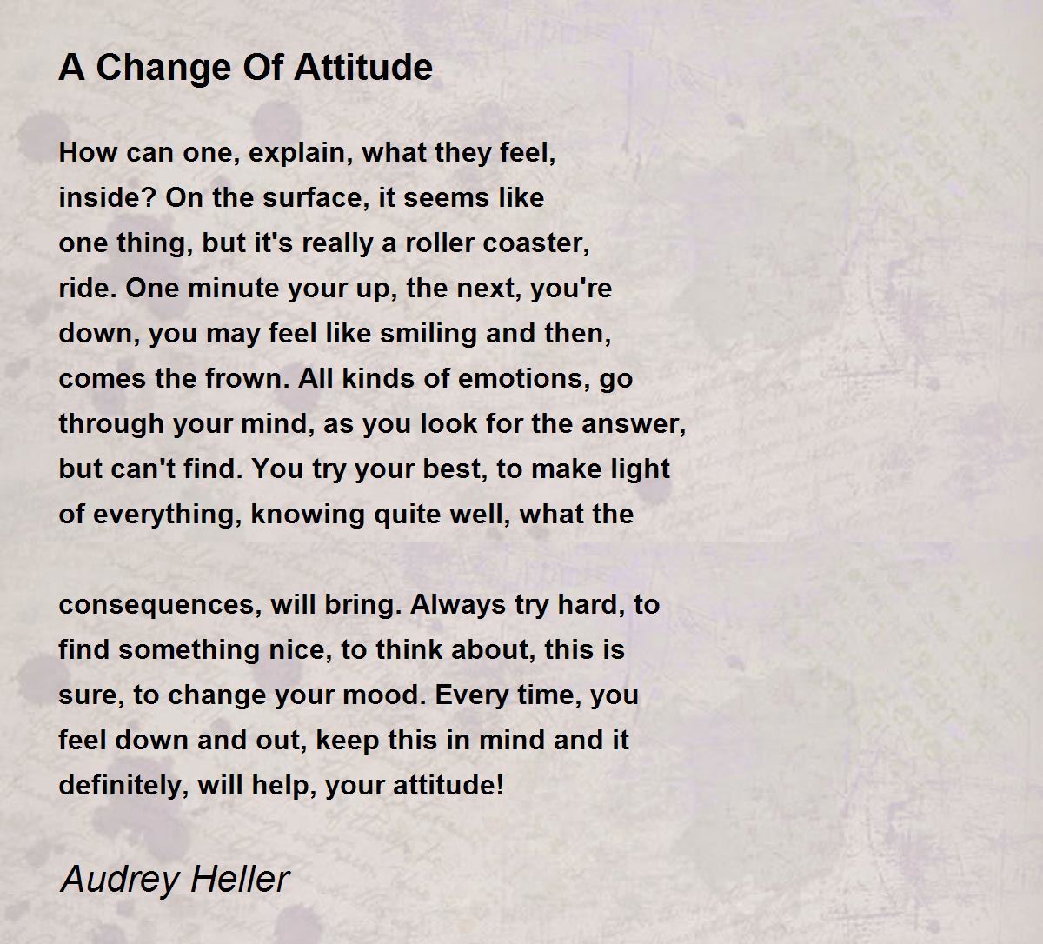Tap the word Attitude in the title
pyautogui.click(x=363, y=68)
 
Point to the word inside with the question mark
pyautogui.click(x=108, y=197)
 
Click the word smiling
pyautogui.click(x=428, y=335)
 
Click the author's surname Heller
pyautogui.click(x=240, y=879)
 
